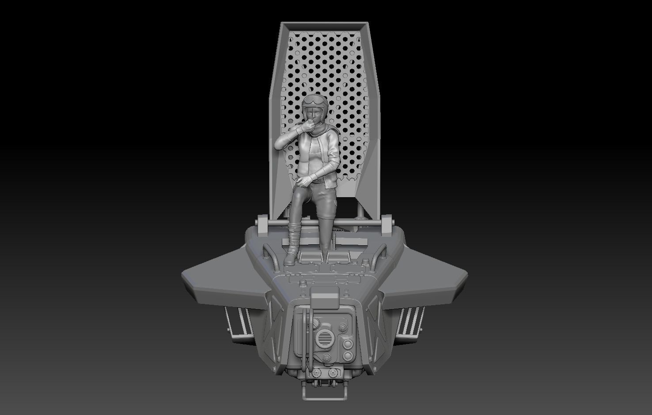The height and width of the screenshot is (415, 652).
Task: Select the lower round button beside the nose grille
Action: (348, 355)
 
